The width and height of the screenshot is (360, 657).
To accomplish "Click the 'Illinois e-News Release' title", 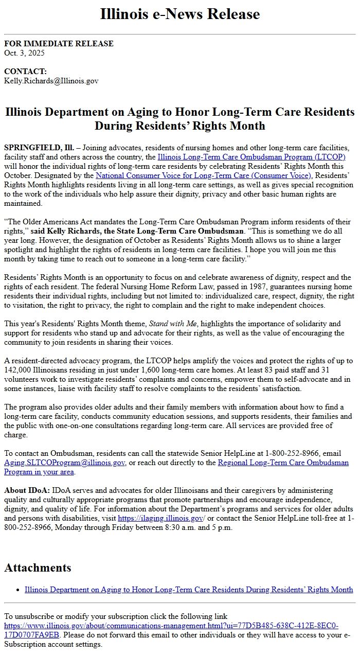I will point(180,14).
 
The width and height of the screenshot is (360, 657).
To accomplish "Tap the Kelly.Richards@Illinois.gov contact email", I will point(51,81).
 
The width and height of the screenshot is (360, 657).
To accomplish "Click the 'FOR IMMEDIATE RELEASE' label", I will point(59,44).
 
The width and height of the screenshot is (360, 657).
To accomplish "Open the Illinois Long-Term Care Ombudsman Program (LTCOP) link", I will point(251,157).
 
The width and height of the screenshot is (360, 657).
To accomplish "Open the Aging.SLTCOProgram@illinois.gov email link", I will point(65,463).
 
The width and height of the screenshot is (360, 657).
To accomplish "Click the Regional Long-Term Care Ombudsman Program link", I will point(283,463).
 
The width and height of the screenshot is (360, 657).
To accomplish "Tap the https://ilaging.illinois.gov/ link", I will point(161,518).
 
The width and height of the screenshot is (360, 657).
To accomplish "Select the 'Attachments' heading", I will point(38,567).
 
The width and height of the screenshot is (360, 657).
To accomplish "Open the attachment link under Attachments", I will point(189,590).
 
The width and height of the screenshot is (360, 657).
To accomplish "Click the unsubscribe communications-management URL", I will point(171,626).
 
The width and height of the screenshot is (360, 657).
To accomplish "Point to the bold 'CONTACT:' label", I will point(25,72).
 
